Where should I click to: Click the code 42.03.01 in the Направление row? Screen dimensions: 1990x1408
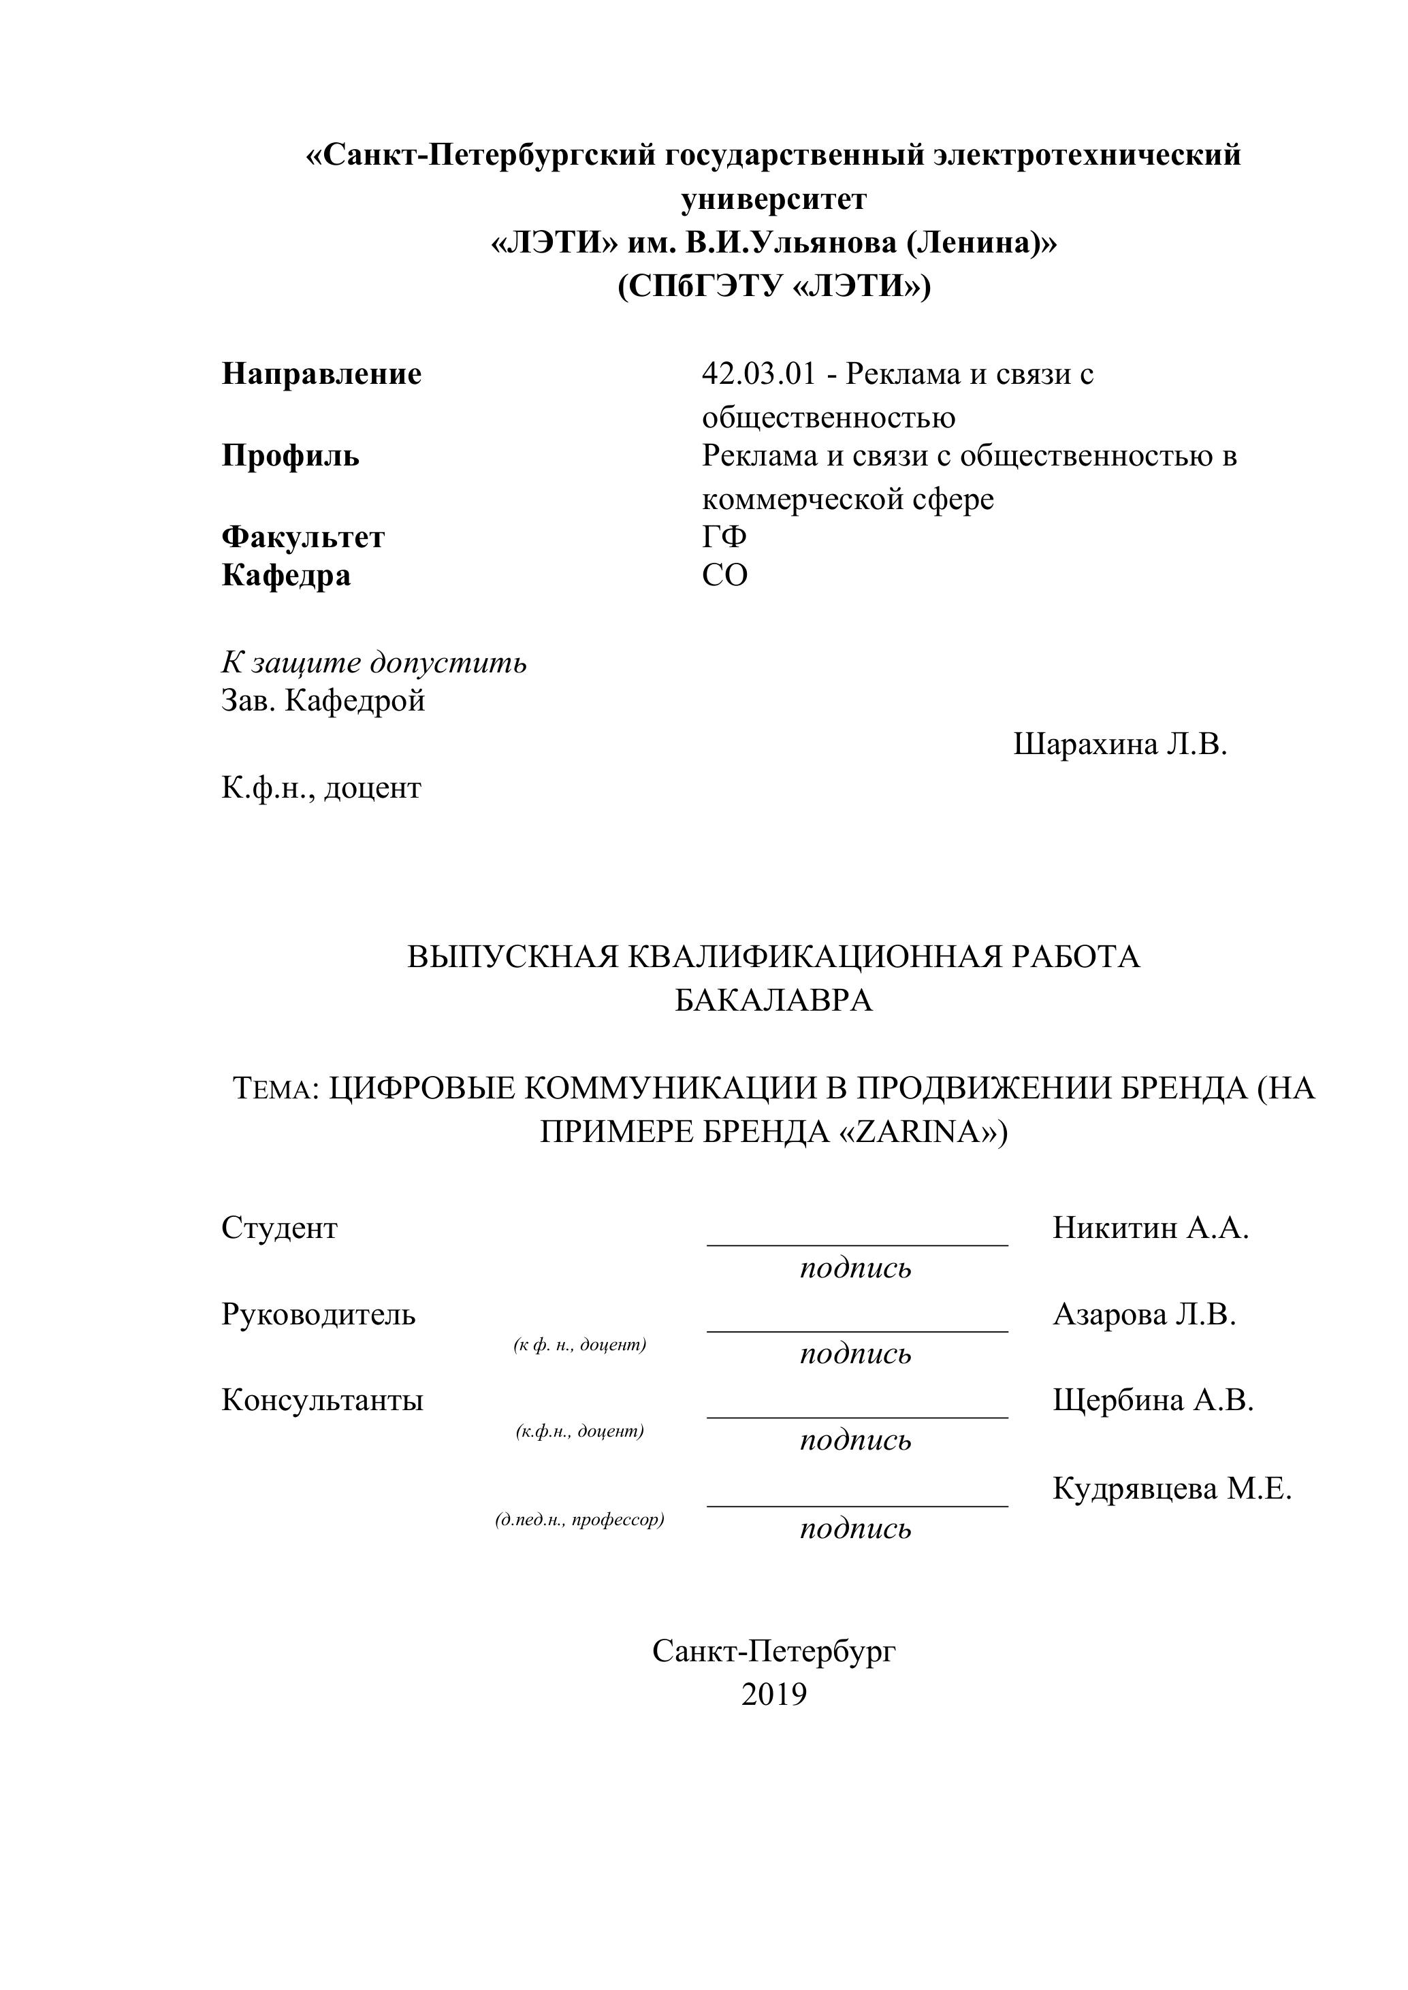tap(758, 374)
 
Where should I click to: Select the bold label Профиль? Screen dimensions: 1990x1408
tap(291, 456)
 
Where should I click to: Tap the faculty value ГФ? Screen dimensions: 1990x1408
tap(724, 538)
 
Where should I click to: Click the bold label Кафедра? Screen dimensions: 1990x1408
tap(286, 576)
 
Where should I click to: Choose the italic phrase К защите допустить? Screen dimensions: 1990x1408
tap(374, 663)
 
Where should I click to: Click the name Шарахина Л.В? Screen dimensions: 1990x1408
tap(1120, 744)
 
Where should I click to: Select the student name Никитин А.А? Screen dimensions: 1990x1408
tap(1151, 1227)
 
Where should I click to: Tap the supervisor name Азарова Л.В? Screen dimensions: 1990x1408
tap(1145, 1315)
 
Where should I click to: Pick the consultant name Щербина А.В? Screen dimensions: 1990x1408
tap(1153, 1400)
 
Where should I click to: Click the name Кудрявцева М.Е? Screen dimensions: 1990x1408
tap(1172, 1488)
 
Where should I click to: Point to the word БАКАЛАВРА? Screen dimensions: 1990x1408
tap(773, 1001)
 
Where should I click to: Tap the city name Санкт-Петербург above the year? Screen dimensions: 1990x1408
tap(773, 1650)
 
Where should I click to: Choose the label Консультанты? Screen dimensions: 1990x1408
tap(323, 1400)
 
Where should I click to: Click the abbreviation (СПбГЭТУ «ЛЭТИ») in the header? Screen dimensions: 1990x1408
tap(773, 286)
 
